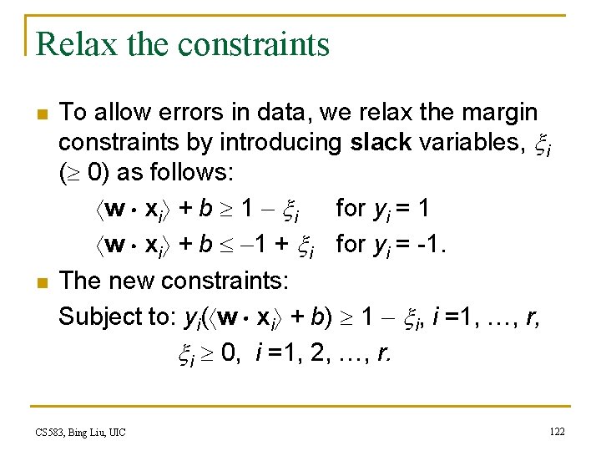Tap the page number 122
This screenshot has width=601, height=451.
point(557,431)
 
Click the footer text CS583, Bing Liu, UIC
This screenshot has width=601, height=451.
point(80,432)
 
